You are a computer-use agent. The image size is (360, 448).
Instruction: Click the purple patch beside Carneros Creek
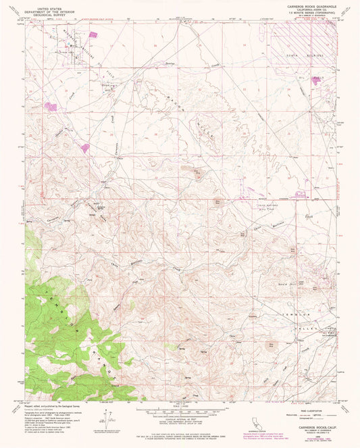pos(85,147)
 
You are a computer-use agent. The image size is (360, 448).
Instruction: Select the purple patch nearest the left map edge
pos(51,106)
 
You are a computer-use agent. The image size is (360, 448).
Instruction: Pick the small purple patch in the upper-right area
pos(317,81)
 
